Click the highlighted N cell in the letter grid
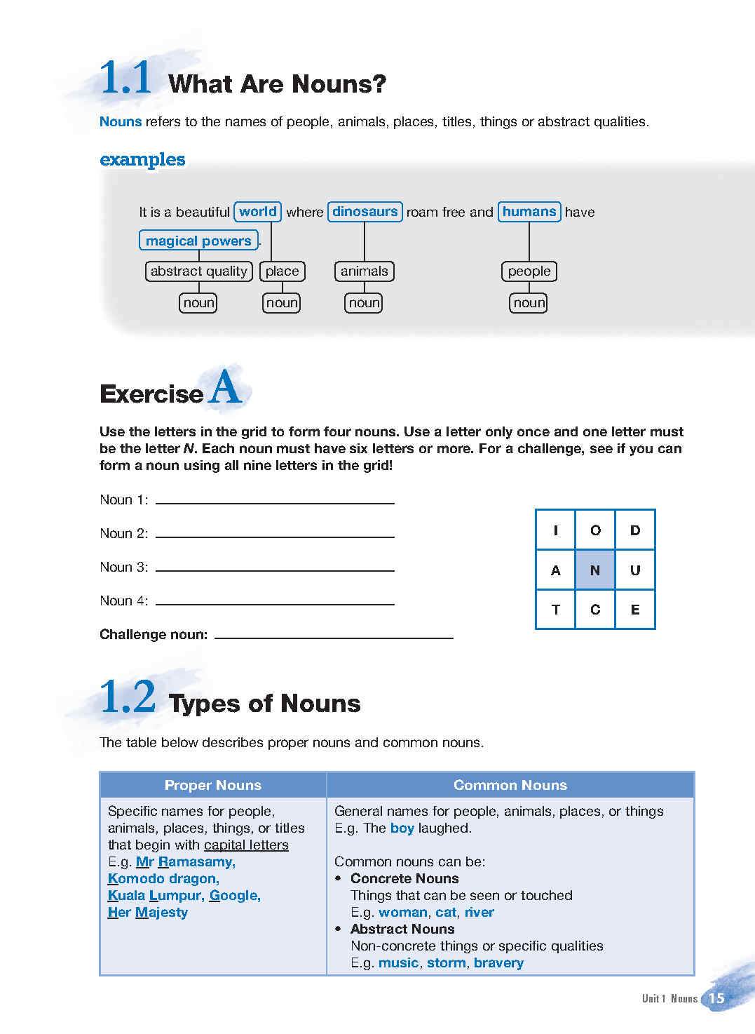[595, 570]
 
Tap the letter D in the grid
[635, 530]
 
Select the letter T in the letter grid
[555, 610]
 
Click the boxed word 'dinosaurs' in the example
[365, 212]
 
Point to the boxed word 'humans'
[529, 212]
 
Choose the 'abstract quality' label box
[198, 271]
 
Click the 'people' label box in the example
[529, 271]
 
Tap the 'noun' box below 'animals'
[364, 303]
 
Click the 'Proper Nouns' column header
[213, 785]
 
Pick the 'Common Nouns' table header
[510, 785]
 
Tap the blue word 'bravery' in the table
[498, 963]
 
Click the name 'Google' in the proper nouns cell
[234, 896]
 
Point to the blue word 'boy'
[402, 828]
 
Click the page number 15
[716, 998]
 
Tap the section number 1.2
[128, 697]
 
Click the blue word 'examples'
[142, 159]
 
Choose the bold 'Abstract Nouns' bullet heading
[402, 929]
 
